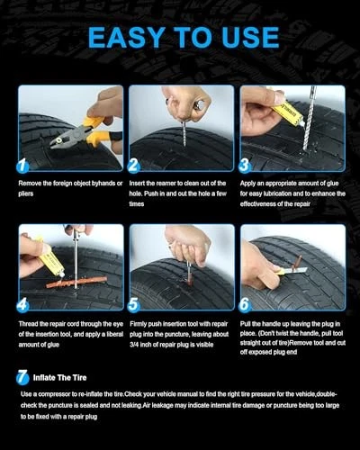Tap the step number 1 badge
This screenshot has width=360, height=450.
(22, 166)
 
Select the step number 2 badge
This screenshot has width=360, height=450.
(133, 166)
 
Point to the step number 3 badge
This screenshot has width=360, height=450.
(245, 166)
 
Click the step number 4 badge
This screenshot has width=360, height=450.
(22, 305)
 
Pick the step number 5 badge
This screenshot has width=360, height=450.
(133, 305)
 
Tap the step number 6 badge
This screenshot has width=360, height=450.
(245, 305)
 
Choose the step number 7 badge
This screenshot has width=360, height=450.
(22, 377)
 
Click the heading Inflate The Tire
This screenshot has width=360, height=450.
(59, 377)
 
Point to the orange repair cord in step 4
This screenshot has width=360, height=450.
(76, 283)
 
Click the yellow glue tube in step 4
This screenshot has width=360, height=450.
(49, 257)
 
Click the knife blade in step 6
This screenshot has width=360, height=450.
(294, 271)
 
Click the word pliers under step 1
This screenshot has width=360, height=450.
(26, 193)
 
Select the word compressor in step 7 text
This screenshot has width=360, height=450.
(54, 394)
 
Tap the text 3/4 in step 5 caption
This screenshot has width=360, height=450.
(133, 345)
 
